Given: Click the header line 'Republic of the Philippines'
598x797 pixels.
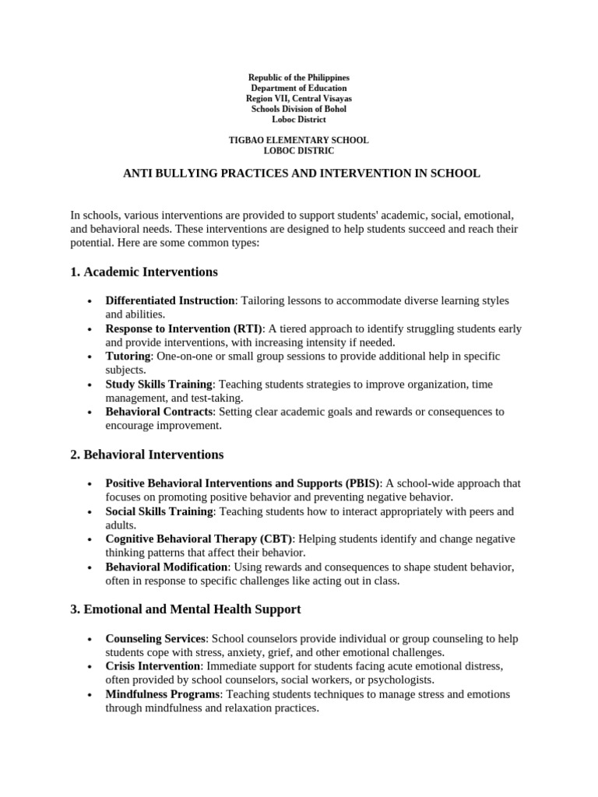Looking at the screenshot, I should coord(299,78).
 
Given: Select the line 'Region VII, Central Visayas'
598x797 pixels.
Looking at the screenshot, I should coord(299,99).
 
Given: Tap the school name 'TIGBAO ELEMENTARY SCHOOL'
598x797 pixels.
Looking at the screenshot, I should coord(299,140).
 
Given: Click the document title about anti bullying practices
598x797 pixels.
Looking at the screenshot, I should coord(302,174).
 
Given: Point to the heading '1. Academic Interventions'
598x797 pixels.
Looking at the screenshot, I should coord(144,272).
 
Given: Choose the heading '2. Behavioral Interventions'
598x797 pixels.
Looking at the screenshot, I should coord(147,455).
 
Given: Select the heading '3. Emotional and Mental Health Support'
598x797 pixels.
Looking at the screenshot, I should coord(185,609).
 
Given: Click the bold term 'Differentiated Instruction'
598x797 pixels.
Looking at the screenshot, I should coord(170,300).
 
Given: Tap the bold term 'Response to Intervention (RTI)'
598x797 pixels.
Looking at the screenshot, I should coord(185,328).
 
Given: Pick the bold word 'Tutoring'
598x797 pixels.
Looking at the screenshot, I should coord(128,356).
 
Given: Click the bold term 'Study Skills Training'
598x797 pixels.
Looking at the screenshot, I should coord(159,384).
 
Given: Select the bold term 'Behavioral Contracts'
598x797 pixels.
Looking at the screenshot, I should coord(159,412).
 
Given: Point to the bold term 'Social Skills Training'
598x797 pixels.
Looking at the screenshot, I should coord(160,512).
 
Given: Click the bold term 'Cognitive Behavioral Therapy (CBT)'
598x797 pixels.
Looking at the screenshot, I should coord(199,539).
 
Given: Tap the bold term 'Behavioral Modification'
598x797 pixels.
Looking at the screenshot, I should coord(167,567).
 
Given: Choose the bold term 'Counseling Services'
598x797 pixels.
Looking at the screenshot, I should coord(156,639).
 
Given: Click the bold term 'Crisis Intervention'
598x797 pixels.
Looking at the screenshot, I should coord(153,667).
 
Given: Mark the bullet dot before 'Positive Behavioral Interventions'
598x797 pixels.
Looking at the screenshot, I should coord(91,484).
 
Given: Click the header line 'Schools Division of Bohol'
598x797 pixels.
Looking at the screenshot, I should coord(299,109).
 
